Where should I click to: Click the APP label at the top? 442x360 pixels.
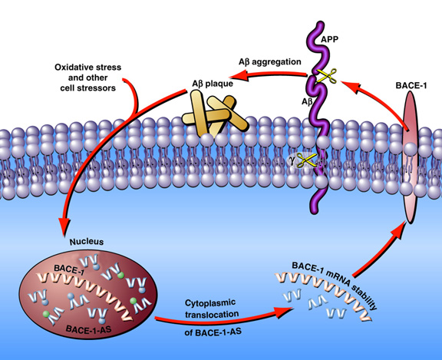click(x=329, y=39)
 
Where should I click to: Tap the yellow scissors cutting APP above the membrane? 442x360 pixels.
click(x=326, y=75)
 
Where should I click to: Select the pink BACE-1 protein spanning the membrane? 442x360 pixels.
click(x=410, y=157)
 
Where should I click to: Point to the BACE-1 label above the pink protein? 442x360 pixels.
click(x=411, y=85)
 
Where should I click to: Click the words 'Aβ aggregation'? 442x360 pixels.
click(x=270, y=62)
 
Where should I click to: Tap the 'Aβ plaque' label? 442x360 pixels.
click(x=213, y=84)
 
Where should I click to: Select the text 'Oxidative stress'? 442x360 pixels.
click(x=88, y=68)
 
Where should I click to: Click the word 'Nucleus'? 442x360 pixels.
click(x=87, y=242)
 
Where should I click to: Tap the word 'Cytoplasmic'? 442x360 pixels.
click(x=210, y=303)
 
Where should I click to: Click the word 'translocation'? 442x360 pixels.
click(x=212, y=314)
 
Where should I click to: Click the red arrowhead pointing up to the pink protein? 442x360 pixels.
click(x=398, y=230)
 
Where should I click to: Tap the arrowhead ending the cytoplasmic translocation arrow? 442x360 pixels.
click(x=283, y=312)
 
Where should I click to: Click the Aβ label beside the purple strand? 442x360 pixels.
click(x=307, y=101)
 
